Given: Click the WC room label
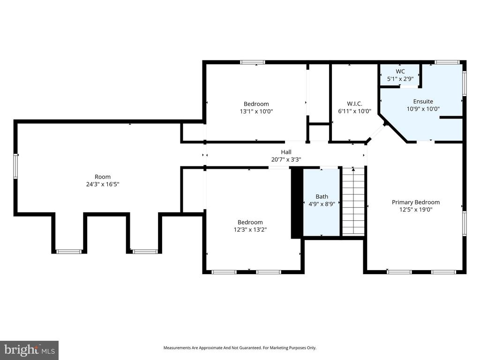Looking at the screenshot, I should point(400,71).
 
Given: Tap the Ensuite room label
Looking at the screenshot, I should point(423,101).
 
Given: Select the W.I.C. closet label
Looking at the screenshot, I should point(354,104).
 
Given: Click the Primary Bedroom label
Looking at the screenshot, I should point(416,202).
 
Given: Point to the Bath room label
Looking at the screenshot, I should point(322,196).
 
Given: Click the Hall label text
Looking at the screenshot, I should point(286,152).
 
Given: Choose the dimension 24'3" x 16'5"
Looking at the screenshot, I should point(102,184).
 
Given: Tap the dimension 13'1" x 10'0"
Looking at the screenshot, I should point(256,112).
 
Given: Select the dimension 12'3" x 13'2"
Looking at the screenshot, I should point(250,230).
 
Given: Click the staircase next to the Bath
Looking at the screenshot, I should point(353,202).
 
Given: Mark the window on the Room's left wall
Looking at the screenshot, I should point(15,166).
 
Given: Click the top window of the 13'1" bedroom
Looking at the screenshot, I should point(253,62).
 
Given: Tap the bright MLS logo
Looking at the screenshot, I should point(29,350).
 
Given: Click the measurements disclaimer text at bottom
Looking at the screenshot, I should point(240,348).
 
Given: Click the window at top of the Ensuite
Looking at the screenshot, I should point(447,62).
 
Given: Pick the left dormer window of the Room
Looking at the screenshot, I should point(69,252).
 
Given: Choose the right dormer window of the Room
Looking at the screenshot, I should point(145,252).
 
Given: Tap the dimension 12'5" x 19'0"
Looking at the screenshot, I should point(416,210).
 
